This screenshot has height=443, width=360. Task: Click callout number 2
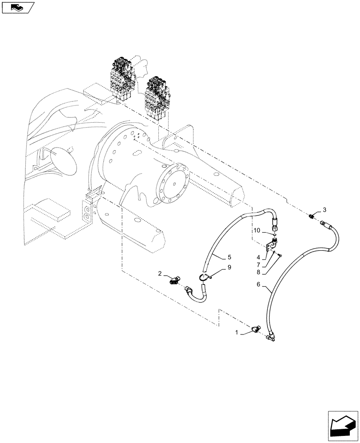click(160, 275)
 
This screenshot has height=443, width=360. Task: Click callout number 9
click(217, 268)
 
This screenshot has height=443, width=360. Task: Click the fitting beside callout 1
click(255, 330)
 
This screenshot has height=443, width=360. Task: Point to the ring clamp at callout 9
click(204, 277)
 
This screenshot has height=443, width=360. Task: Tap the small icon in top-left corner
click(17, 7)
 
